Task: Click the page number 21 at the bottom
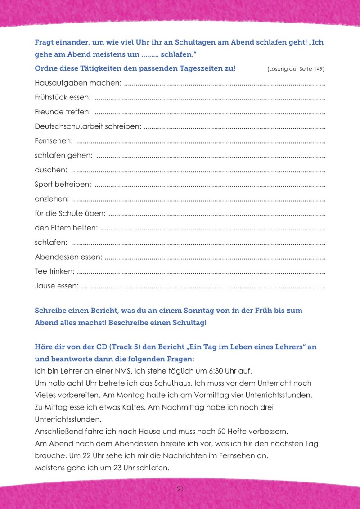180,489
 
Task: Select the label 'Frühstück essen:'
63,97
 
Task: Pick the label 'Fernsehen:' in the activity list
54,141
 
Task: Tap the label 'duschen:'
51,170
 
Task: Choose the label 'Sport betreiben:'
63,185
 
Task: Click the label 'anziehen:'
52,199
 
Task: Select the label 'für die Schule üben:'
70,214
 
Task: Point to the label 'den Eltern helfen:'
66,228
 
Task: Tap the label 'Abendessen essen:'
68,257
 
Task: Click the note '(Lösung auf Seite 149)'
296,69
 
